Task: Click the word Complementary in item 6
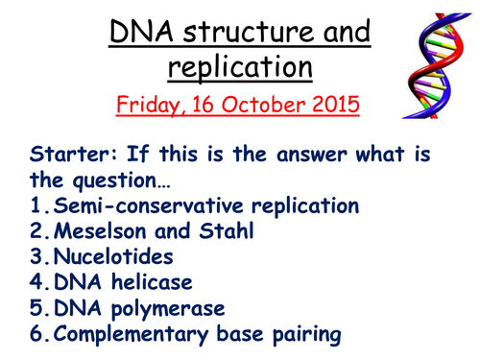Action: [x=118, y=335]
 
